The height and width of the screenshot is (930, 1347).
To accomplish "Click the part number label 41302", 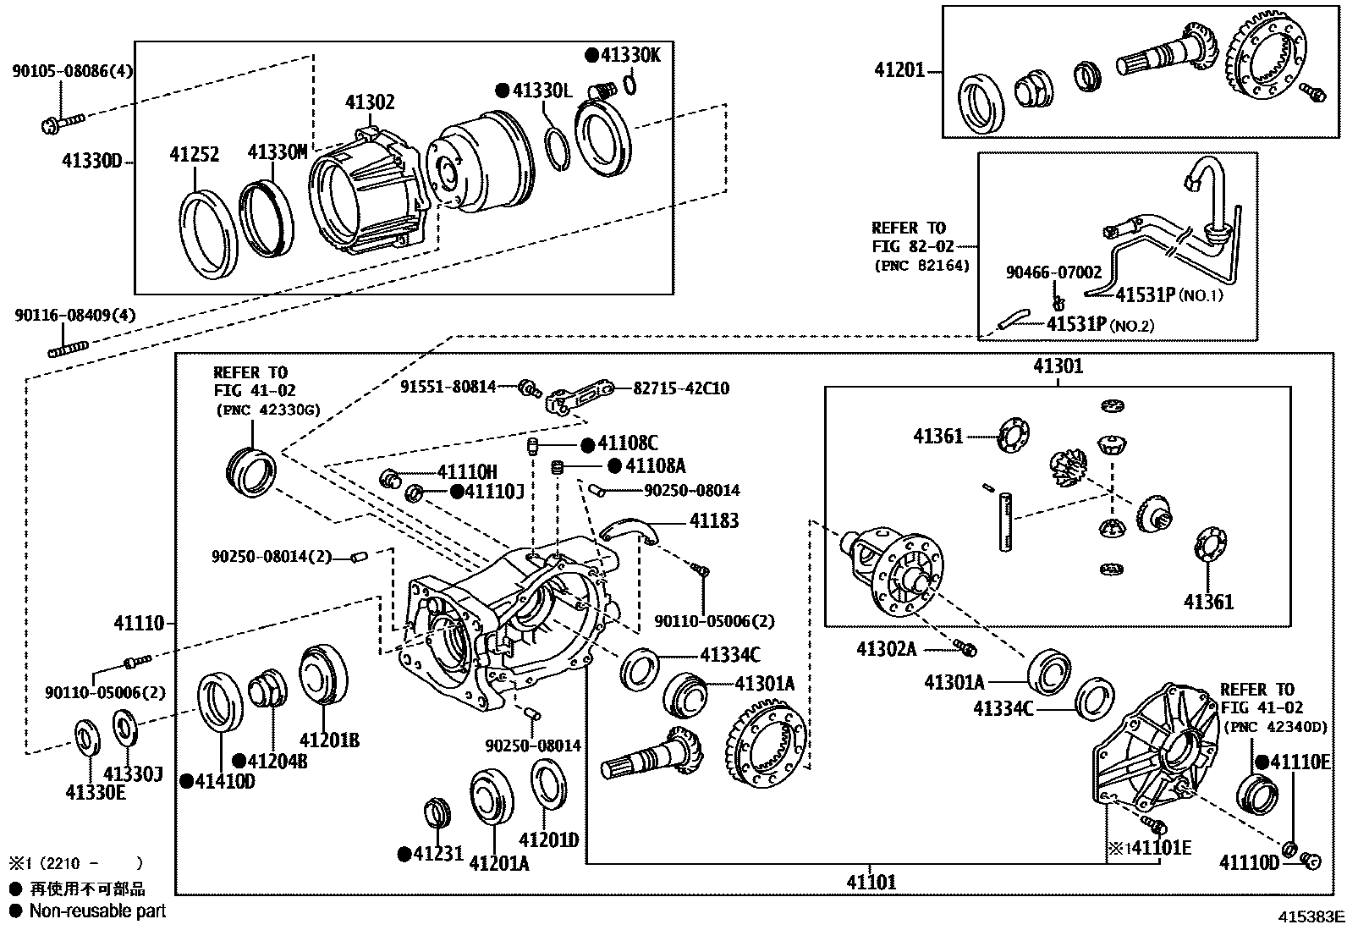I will (370, 103).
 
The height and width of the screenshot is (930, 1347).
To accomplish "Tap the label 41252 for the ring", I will (194, 155).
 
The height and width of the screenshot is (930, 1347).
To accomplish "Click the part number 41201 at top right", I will (899, 71).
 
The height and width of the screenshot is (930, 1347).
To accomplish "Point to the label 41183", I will (713, 521).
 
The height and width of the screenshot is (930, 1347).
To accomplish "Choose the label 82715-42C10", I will (681, 388).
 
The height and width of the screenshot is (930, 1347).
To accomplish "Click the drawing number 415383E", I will (1311, 916).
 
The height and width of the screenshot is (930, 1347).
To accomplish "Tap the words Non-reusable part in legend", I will (97, 911).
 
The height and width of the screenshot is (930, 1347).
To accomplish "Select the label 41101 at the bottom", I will (871, 882).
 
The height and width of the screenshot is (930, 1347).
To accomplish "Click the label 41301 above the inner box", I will (1058, 366).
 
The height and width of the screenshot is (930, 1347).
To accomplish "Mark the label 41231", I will (438, 854).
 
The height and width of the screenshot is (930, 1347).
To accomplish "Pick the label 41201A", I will (498, 863).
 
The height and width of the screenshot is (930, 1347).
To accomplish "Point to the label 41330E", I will (95, 792).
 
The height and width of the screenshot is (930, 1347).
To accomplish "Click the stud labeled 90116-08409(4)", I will (68, 348).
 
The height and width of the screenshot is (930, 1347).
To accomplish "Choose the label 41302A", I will (886, 649).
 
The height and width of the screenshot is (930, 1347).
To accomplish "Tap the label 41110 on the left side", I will (140, 624).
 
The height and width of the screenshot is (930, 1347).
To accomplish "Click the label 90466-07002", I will (1053, 272).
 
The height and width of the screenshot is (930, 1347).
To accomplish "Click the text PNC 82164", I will (921, 266).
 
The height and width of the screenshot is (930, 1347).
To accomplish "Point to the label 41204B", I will (278, 761).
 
